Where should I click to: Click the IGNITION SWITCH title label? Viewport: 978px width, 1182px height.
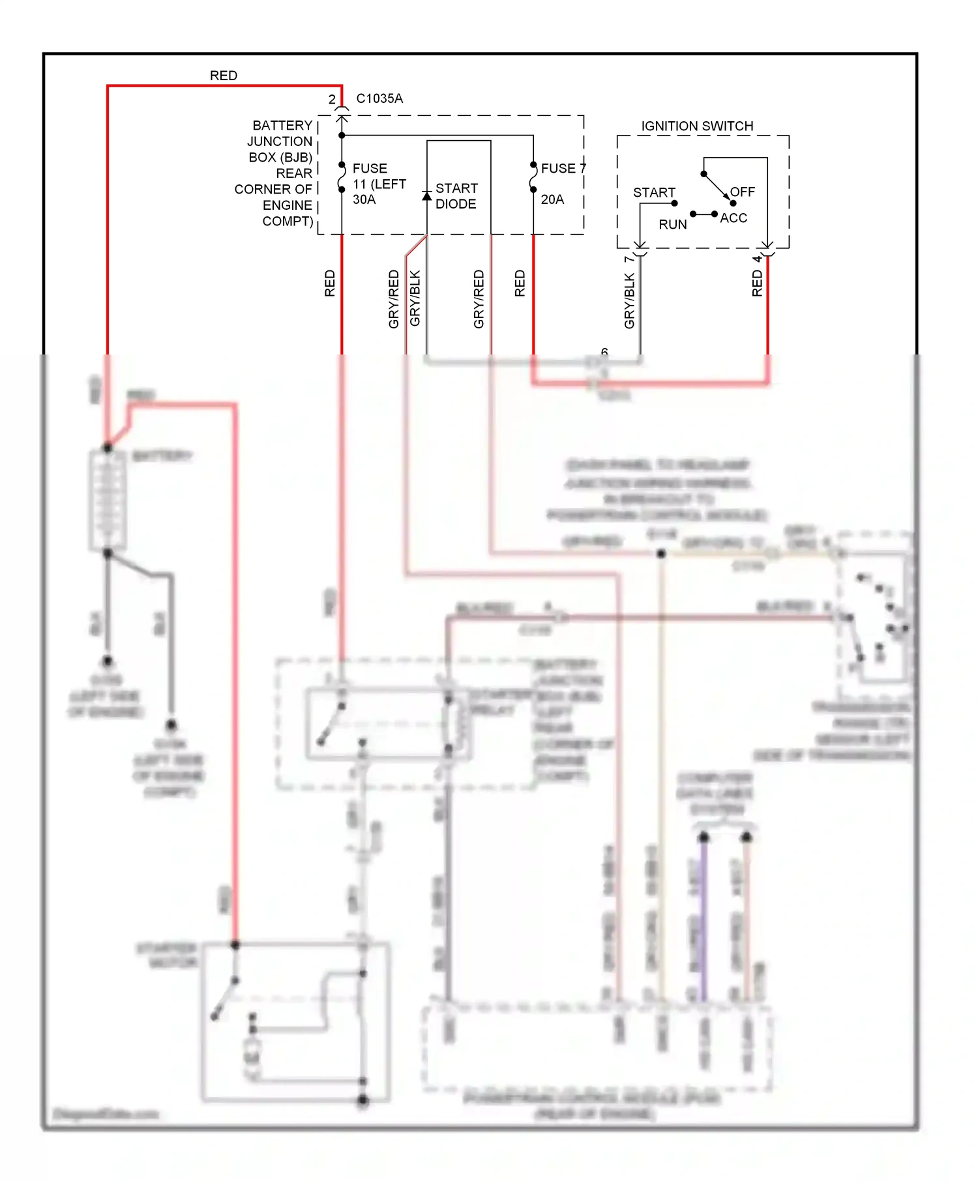pyautogui.click(x=697, y=126)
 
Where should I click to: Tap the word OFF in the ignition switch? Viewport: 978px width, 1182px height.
pyautogui.click(x=743, y=192)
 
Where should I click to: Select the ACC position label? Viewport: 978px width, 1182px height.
pyautogui.click(x=733, y=218)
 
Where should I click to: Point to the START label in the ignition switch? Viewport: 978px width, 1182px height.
pyautogui.click(x=654, y=192)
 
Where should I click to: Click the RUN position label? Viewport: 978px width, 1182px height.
pyautogui.click(x=672, y=224)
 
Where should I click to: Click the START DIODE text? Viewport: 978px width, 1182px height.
pyautogui.click(x=456, y=195)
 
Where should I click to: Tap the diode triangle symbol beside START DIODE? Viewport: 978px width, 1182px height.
pyautogui.click(x=427, y=195)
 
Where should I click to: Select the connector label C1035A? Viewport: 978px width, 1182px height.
pyautogui.click(x=379, y=98)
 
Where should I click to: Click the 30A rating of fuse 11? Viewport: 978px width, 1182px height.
pyautogui.click(x=364, y=199)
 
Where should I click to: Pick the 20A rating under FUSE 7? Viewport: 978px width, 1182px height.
pyautogui.click(x=552, y=199)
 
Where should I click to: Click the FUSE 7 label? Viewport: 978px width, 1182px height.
pyautogui.click(x=563, y=168)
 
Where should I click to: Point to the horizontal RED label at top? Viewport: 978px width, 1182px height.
pyautogui.click(x=223, y=76)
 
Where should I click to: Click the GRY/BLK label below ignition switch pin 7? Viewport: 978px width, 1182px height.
pyautogui.click(x=629, y=300)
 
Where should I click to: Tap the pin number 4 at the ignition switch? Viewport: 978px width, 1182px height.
pyautogui.click(x=757, y=259)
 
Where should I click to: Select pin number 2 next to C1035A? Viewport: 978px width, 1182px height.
pyautogui.click(x=332, y=99)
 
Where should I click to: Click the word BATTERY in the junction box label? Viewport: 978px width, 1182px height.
pyautogui.click(x=282, y=125)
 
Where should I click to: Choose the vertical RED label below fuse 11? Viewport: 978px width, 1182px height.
pyautogui.click(x=330, y=283)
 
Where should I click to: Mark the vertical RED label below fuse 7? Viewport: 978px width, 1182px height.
pyautogui.click(x=520, y=283)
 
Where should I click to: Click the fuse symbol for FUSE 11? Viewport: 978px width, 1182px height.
pyautogui.click(x=342, y=177)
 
